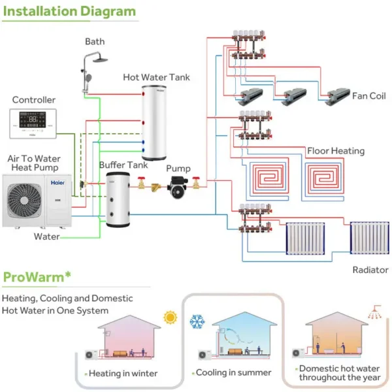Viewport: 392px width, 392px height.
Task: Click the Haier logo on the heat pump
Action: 57,183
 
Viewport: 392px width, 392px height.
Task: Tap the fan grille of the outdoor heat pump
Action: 24,201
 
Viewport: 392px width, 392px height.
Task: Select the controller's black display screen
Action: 33,120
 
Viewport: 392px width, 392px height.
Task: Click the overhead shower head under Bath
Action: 100,60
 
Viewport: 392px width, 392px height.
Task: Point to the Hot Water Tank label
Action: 156,77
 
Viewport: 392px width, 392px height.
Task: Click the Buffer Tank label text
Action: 123,165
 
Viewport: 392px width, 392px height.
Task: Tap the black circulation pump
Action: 177,188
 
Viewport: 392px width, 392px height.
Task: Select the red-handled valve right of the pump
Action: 196,183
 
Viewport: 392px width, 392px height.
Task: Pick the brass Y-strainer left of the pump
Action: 156,187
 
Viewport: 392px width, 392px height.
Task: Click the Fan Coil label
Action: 368,96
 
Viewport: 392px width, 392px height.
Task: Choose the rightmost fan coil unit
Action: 338,96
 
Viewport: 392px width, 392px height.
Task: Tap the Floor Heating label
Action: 336,151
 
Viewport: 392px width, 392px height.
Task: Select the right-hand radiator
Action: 370,238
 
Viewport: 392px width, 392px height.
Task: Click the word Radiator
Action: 370,270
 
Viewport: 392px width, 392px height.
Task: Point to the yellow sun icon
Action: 171,318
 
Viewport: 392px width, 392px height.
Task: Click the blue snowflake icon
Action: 197,321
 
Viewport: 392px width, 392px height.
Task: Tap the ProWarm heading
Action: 37,277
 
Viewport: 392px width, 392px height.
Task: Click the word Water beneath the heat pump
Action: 47,237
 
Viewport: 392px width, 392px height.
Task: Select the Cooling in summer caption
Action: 233,372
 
